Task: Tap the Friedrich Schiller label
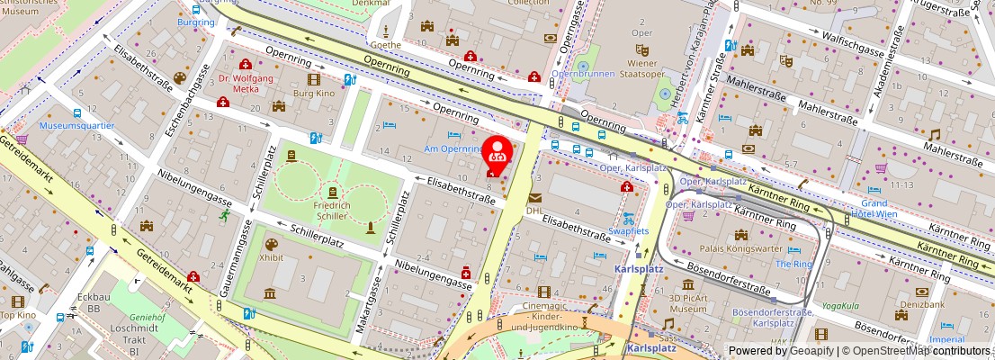click(x=332, y=211)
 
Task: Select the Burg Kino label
click(x=314, y=93)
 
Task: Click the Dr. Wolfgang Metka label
click(x=246, y=84)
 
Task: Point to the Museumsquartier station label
click(x=76, y=125)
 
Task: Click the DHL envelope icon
click(x=535, y=197)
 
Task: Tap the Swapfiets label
click(x=628, y=230)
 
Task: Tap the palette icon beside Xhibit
click(x=271, y=244)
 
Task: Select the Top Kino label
click(x=17, y=314)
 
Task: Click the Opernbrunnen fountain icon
click(x=583, y=67)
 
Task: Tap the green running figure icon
click(x=222, y=215)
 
